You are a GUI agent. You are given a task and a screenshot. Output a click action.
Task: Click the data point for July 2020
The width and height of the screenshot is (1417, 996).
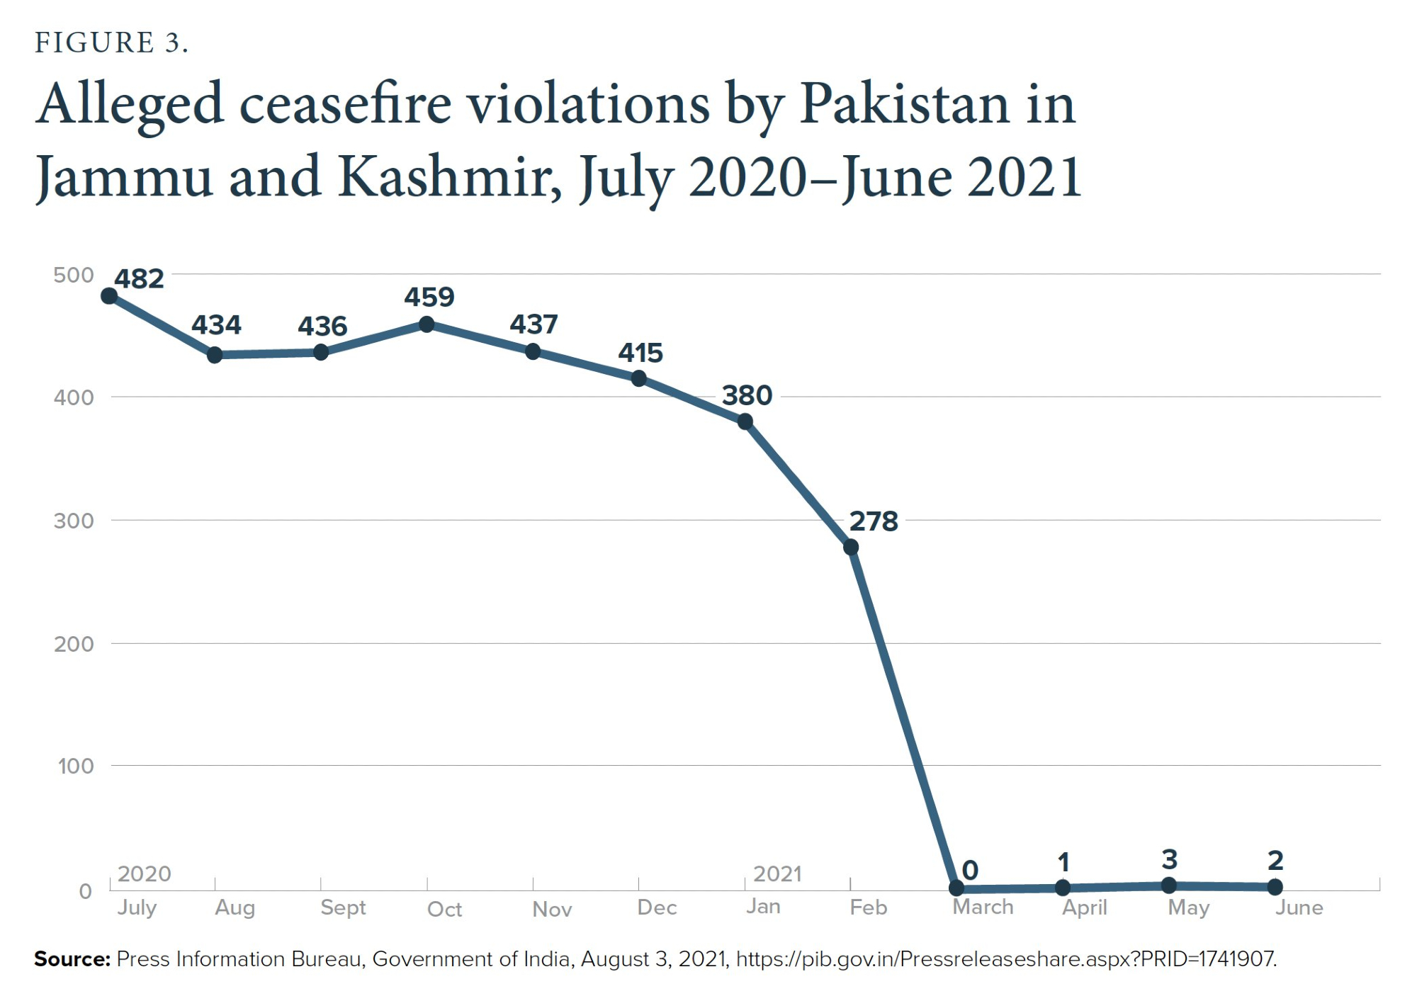coord(109,295)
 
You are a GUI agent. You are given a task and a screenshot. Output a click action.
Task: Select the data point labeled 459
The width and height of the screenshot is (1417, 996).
coord(427,324)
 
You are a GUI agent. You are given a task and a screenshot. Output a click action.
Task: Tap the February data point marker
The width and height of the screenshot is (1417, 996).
coord(851,547)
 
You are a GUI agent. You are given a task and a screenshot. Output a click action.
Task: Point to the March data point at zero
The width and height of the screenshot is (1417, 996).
coord(956,888)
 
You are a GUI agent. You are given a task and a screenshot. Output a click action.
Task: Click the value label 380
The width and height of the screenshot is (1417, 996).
coord(747,395)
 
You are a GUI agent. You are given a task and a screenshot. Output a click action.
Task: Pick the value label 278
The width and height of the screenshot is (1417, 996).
coord(874,521)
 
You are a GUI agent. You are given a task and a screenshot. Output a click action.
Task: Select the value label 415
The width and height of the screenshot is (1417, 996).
coord(640,353)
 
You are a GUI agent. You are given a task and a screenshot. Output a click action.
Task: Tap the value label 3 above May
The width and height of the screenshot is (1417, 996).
coord(1170,859)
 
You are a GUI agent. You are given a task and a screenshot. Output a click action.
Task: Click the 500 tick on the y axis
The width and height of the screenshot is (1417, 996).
coord(74,275)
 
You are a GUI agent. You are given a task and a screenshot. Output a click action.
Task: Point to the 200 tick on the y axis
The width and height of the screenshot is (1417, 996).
coord(74,644)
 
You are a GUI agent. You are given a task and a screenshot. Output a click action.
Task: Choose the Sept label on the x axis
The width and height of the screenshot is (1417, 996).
coord(343,907)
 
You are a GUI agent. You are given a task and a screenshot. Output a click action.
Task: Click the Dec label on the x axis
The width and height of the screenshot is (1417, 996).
coord(657,907)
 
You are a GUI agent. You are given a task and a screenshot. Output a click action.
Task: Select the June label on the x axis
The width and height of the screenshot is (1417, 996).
coord(1299,907)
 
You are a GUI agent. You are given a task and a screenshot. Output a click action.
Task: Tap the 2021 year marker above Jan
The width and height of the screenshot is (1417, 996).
coord(777,873)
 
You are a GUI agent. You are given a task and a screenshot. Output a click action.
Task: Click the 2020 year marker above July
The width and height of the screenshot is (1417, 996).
coord(145,873)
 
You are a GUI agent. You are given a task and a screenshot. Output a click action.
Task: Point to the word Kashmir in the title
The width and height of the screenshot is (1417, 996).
coord(445,177)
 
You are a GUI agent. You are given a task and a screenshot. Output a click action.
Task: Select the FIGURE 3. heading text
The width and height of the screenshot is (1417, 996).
coord(111,43)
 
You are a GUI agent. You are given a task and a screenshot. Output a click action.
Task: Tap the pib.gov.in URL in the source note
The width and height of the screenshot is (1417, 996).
coord(1006,959)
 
